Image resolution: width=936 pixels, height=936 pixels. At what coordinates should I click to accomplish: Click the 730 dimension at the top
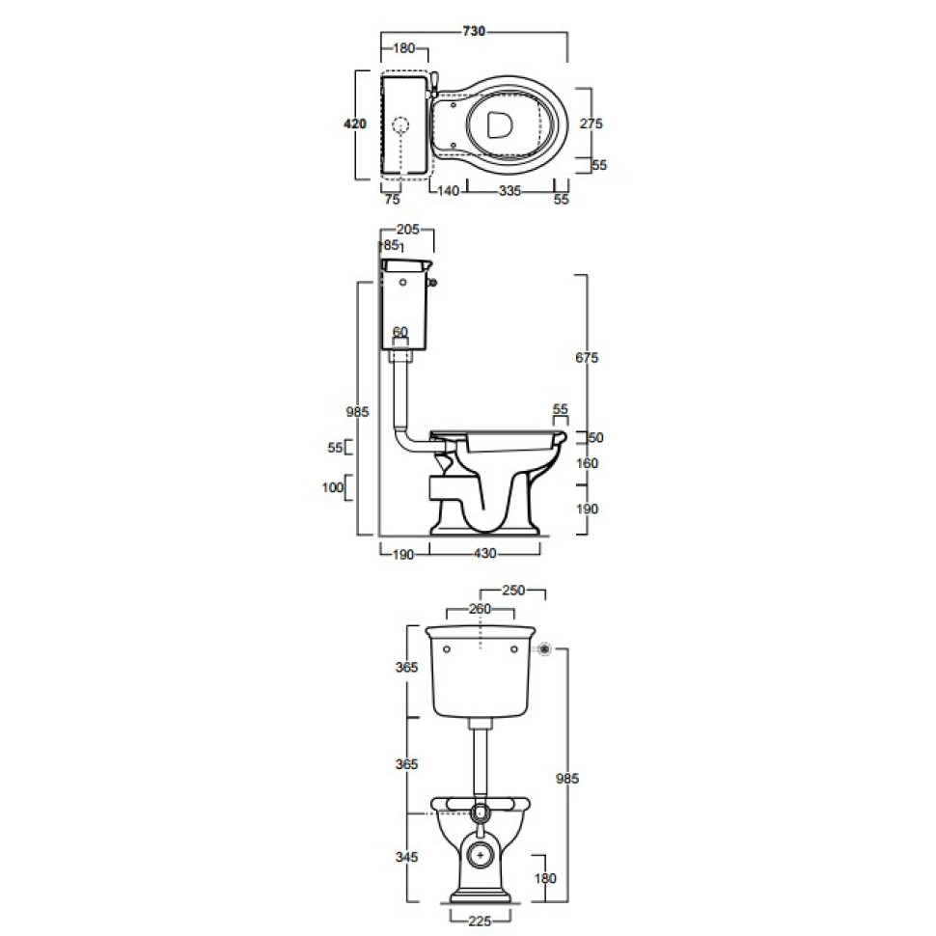474,31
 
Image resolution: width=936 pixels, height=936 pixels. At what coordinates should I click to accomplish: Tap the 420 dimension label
354,124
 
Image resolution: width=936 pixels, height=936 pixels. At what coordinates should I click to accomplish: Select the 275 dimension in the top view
591,124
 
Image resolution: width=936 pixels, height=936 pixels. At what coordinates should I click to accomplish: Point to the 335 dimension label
509,191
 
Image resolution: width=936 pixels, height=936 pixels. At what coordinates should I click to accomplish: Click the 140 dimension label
448,191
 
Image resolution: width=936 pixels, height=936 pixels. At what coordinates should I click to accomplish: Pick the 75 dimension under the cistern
392,200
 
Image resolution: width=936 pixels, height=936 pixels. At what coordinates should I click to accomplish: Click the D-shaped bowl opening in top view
500,126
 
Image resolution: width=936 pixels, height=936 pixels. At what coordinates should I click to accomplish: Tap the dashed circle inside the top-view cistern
401,125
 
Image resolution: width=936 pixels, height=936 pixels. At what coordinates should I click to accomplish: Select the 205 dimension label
408,230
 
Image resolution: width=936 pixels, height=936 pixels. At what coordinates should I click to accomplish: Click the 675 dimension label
587,358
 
